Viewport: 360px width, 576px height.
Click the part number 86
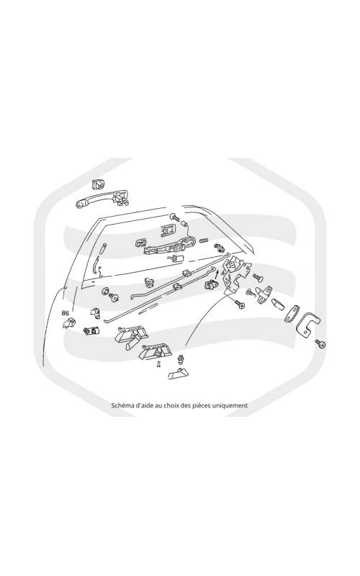tap(66, 313)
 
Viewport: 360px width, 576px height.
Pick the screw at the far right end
tap(320, 344)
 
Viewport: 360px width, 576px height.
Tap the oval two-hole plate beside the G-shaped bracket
tap(292, 314)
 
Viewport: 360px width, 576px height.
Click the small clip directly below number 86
tap(68, 323)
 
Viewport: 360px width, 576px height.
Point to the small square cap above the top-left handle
tap(98, 184)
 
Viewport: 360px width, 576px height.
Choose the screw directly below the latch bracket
tap(240, 303)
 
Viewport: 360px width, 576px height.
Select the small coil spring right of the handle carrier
tap(204, 240)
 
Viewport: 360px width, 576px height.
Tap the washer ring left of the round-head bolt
tap(105, 292)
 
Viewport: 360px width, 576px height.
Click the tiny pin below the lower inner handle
tap(158, 364)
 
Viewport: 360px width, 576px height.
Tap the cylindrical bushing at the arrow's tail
tap(210, 284)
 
